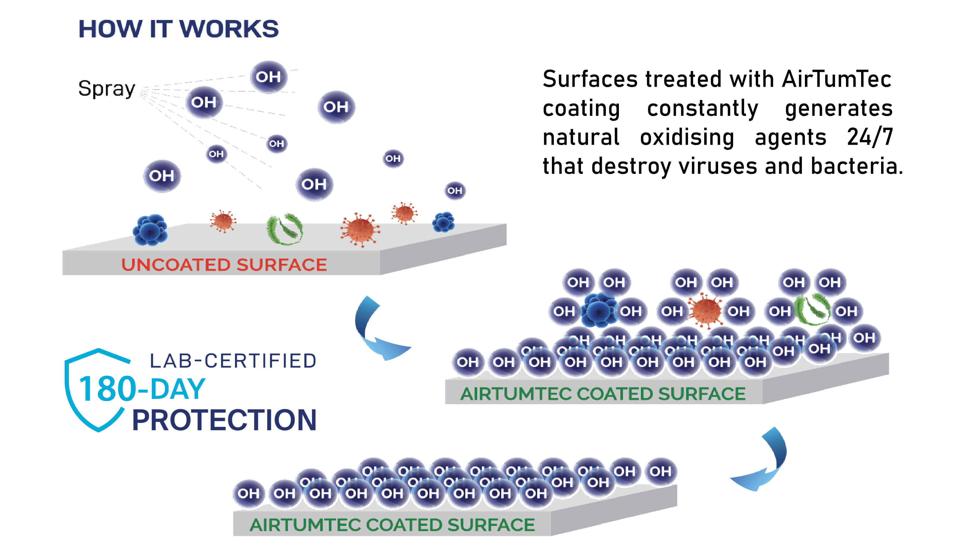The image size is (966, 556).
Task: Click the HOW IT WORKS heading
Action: tap(178, 29)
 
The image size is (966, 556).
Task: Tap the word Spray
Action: tap(107, 89)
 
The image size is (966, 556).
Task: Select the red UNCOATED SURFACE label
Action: tap(224, 265)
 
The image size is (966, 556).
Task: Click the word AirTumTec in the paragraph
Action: tap(836, 79)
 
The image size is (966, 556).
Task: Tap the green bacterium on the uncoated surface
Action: tap(285, 229)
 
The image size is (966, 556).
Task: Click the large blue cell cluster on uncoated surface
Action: tap(150, 230)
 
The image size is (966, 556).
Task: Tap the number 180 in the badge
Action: tap(107, 390)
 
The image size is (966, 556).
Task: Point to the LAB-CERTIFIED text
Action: tap(233, 361)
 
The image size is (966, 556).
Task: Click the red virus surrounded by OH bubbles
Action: tap(705, 310)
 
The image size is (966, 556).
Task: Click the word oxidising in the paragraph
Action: tap(687, 137)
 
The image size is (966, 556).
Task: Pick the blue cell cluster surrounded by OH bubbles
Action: tap(598, 310)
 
